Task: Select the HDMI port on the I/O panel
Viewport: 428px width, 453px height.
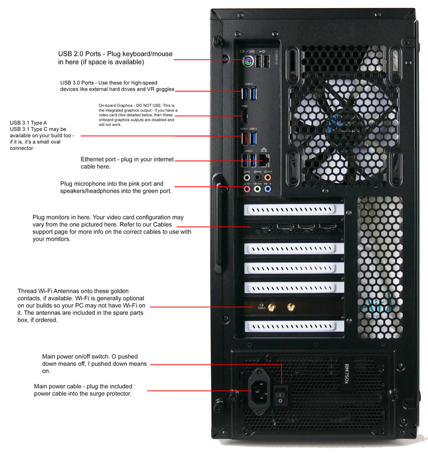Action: [244, 117]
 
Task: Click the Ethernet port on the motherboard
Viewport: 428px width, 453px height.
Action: [265, 160]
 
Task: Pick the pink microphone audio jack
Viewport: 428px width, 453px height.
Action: [247, 189]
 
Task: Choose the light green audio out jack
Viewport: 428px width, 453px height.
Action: [257, 189]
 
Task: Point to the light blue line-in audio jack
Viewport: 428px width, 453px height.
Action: [268, 189]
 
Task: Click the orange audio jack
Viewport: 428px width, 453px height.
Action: [268, 177]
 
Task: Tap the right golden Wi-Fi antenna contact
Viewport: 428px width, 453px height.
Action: [291, 306]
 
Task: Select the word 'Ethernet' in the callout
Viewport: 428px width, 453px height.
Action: [94, 160]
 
